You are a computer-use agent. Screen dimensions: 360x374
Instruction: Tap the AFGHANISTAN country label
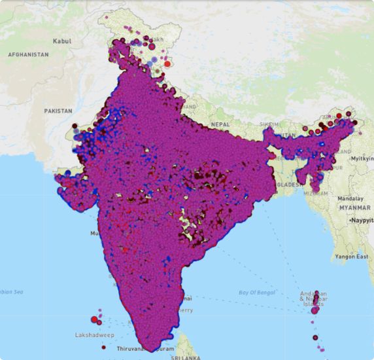(28, 55)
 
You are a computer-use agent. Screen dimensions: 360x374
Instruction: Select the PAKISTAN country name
(58, 111)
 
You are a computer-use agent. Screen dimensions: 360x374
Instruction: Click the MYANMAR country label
(355, 207)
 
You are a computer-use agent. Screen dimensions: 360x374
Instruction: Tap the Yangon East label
(352, 257)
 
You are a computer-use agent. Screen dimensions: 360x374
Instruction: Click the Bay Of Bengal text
(255, 292)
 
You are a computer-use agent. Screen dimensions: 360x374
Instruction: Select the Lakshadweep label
(95, 335)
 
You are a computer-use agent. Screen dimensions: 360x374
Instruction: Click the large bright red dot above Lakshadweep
(94, 319)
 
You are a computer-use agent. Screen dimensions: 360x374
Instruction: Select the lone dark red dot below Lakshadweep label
(103, 348)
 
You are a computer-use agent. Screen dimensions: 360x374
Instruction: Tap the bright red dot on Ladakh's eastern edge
(167, 63)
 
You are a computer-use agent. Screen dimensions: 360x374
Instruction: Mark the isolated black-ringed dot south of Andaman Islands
(315, 338)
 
